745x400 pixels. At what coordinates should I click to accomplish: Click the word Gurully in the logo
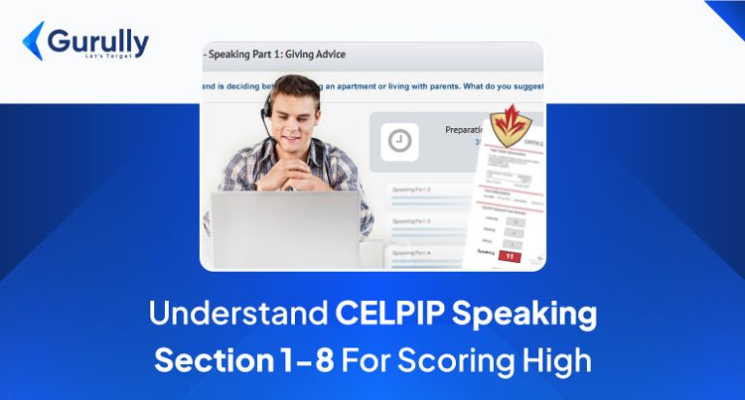97,42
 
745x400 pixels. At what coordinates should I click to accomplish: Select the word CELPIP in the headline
384,314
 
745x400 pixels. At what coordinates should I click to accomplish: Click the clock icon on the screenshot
399,141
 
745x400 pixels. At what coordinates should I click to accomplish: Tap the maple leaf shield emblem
508,124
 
